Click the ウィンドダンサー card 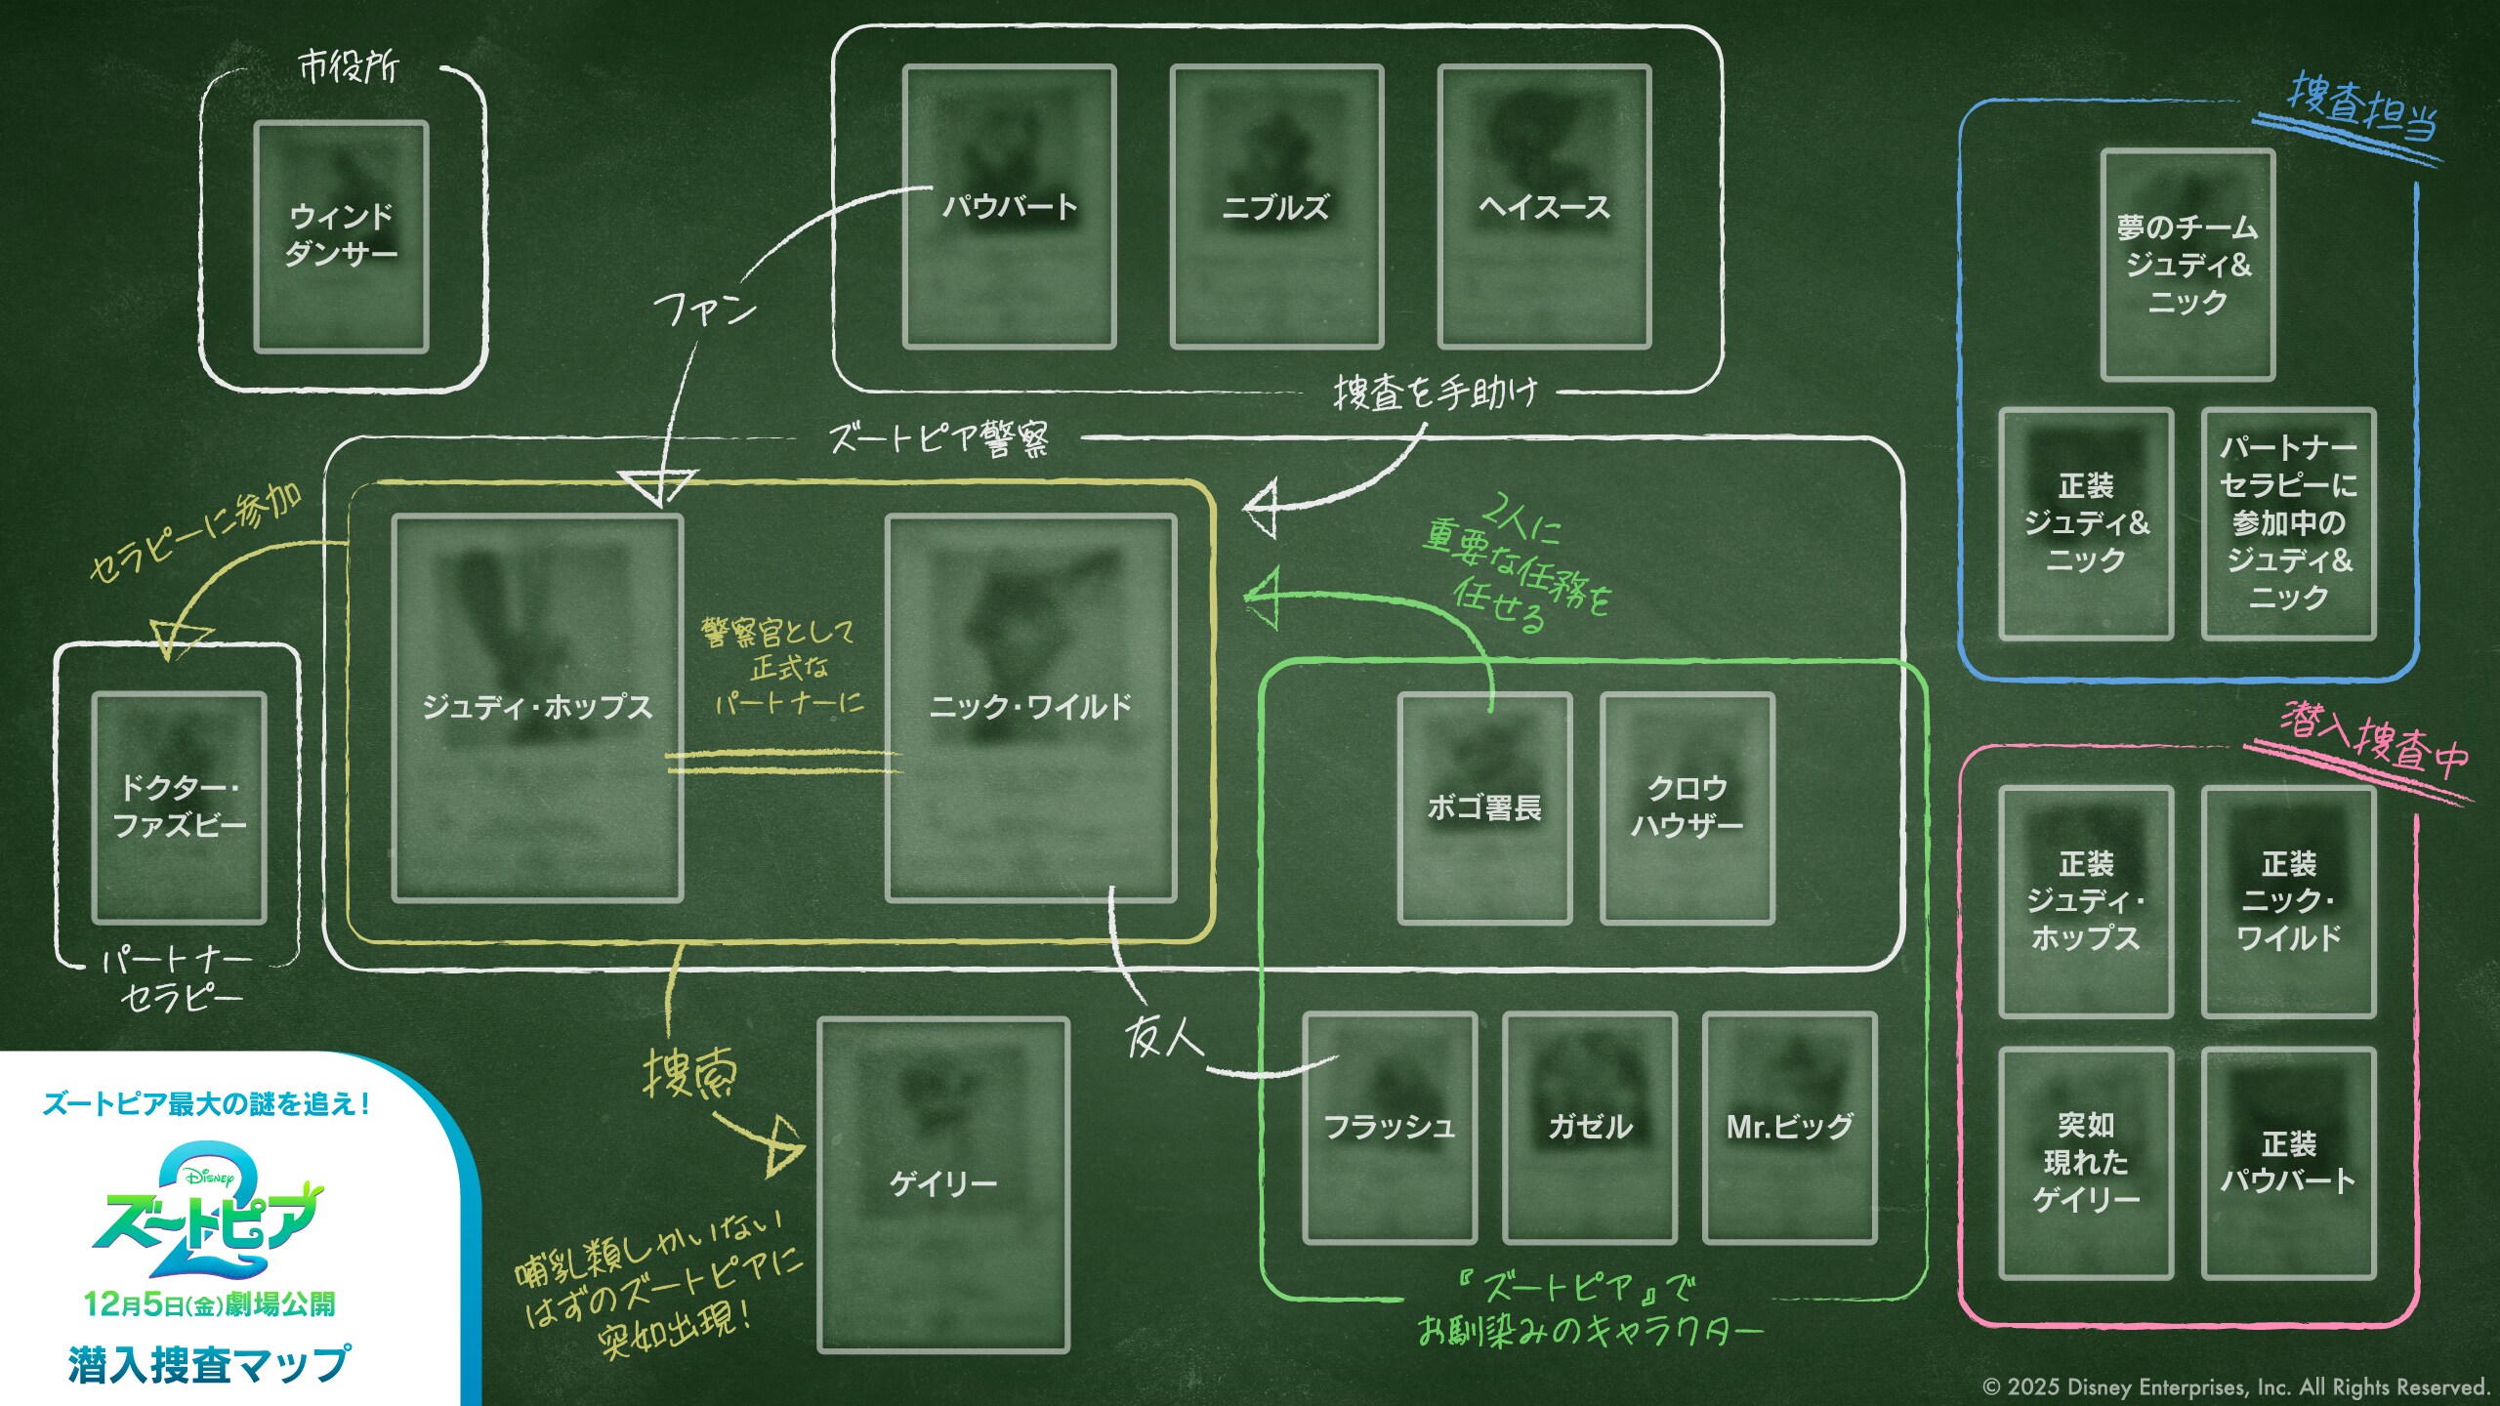(x=341, y=235)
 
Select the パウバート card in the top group (x=1009, y=206)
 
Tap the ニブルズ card (x=1276, y=206)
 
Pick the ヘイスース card (x=1544, y=206)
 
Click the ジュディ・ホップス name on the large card (x=537, y=706)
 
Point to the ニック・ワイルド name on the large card (x=1030, y=706)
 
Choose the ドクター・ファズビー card (x=179, y=807)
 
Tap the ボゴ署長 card (x=1484, y=807)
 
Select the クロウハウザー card (x=1687, y=807)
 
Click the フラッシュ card (x=1389, y=1128)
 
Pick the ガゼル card (x=1590, y=1128)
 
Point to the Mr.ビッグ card (x=1789, y=1128)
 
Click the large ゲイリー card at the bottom (x=943, y=1184)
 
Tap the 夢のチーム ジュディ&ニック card (x=2187, y=265)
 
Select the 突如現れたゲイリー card (x=2086, y=1163)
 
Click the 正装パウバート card (x=2288, y=1163)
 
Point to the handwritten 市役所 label (x=349, y=67)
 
